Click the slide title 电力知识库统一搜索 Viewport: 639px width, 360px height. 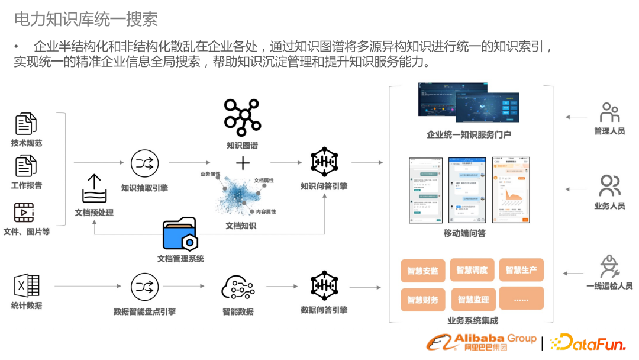(86, 19)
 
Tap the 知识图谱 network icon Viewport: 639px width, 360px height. (243, 117)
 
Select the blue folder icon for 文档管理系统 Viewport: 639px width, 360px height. (179, 234)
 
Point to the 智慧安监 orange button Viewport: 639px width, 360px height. (422, 271)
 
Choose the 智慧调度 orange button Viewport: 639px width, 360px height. (472, 270)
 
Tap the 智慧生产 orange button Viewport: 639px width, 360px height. (521, 270)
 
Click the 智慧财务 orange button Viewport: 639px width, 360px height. (422, 300)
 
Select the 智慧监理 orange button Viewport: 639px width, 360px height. (473, 300)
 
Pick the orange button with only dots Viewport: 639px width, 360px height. (521, 299)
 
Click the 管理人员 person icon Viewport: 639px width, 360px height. (609, 112)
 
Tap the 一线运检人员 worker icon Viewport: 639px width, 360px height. (609, 266)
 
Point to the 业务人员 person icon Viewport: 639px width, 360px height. (609, 186)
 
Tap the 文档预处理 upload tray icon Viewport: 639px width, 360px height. (94, 189)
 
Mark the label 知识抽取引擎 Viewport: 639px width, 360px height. (144, 188)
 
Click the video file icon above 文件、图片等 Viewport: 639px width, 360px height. (24, 212)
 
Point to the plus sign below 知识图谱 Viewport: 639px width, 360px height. (243, 163)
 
